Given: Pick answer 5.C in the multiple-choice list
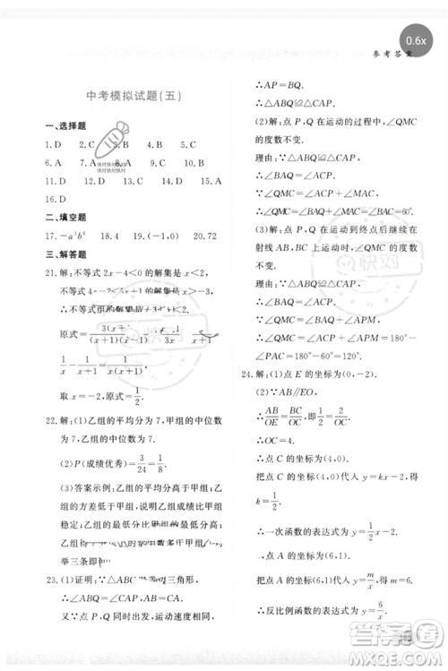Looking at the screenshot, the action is (x=188, y=144).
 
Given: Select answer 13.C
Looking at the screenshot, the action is (x=134, y=181).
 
